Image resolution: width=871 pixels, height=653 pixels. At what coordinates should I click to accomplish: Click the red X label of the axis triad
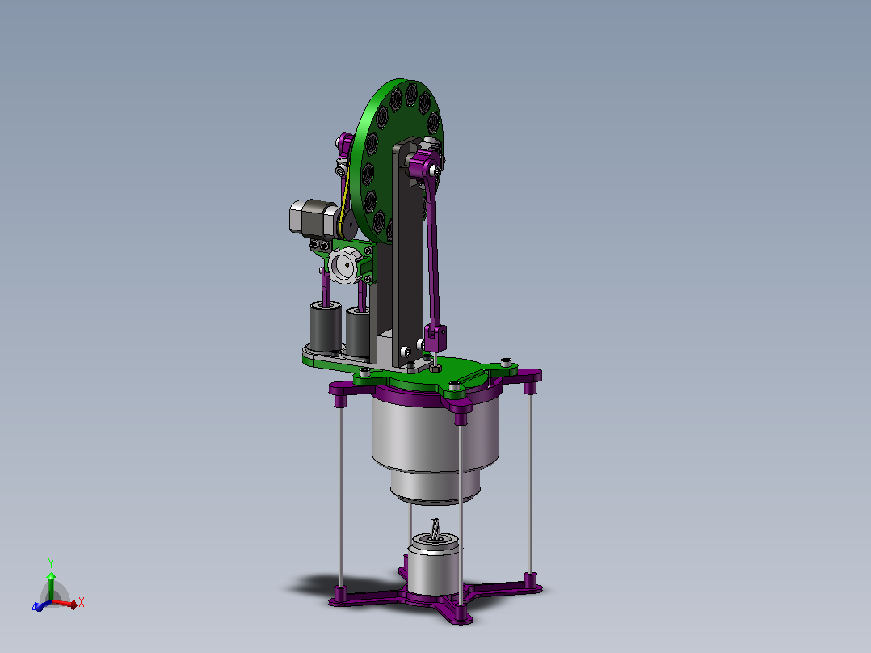[x=82, y=602]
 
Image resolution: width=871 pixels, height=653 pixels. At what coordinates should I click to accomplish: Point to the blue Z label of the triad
[x=35, y=605]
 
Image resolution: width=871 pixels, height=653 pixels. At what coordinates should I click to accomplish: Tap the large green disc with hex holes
[x=397, y=161]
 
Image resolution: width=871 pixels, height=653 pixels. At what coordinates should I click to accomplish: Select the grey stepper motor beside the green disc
[x=313, y=219]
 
